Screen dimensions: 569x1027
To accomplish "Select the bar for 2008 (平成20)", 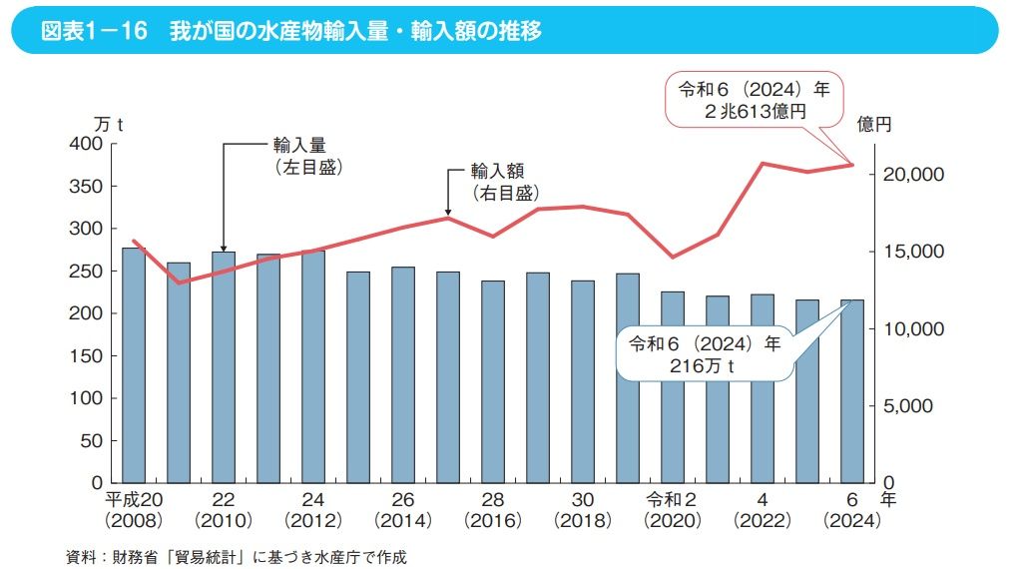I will [134, 365].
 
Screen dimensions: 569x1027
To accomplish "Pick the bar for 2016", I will [493, 381].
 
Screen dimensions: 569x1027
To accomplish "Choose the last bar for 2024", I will [852, 391].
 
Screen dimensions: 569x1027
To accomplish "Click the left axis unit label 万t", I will [108, 125].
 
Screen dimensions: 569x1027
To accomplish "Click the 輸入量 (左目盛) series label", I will [307, 156].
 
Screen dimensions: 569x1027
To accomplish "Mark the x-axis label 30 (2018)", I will [583, 509].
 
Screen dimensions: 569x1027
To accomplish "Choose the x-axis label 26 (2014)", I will [403, 509].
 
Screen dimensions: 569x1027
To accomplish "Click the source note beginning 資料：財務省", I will [237, 556].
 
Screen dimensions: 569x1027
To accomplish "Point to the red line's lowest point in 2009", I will [179, 283].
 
